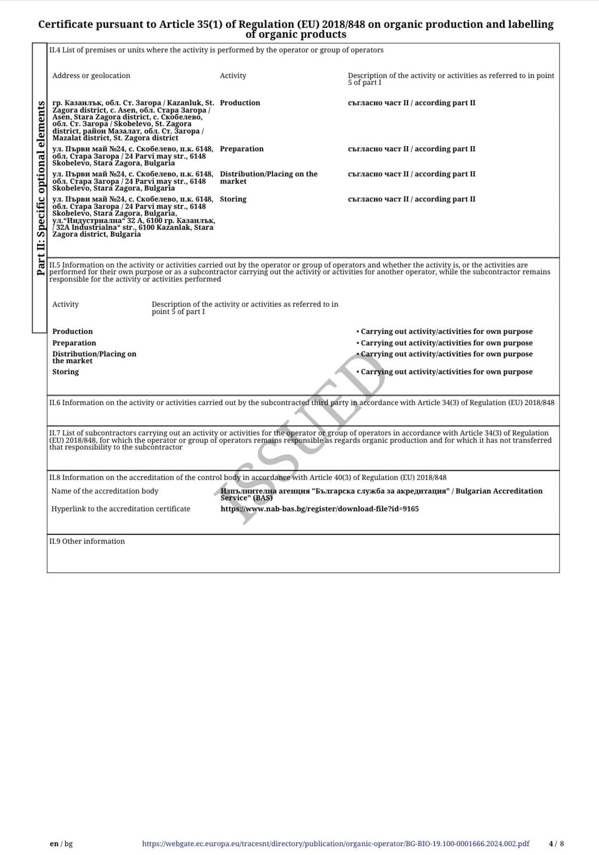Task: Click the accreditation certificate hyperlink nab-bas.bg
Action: [319, 509]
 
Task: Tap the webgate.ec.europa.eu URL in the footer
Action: [335, 843]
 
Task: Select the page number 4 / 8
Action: [556, 843]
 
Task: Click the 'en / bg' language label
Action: [61, 843]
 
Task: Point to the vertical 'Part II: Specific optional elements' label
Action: [40, 188]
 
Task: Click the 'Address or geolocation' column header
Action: [91, 76]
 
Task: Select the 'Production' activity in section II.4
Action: [240, 103]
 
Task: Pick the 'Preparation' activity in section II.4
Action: [241, 149]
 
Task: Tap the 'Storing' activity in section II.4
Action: [233, 199]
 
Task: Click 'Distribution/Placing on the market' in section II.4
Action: [268, 177]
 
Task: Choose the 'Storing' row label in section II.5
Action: [65, 372]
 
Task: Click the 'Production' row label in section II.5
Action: [72, 331]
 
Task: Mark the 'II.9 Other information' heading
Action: [87, 541]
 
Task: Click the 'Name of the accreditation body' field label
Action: [105, 491]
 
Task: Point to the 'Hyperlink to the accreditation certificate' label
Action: [120, 509]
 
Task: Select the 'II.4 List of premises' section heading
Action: [216, 50]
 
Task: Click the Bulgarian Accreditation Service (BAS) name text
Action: [381, 494]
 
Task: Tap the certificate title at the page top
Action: [296, 29]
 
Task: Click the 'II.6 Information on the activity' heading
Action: [302, 402]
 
